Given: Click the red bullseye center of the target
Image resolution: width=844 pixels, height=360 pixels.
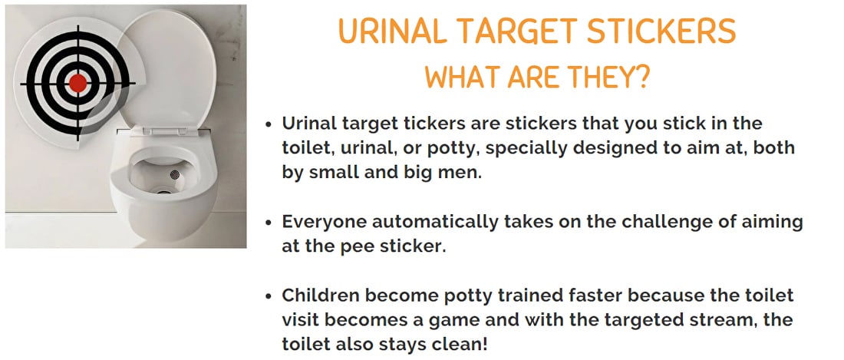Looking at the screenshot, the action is click(x=78, y=83).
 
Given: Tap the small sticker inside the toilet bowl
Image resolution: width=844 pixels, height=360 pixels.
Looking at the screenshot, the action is click(x=174, y=175).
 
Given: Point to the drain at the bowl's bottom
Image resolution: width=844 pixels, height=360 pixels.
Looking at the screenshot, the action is click(x=160, y=190).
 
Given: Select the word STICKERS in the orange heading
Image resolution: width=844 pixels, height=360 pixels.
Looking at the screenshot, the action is click(x=661, y=32).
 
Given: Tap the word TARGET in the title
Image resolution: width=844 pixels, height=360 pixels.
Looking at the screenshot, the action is click(x=516, y=32).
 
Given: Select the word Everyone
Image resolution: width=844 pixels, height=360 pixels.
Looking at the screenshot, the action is click(x=324, y=223).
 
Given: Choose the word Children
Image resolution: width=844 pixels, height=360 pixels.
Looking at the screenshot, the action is click(x=319, y=296).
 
